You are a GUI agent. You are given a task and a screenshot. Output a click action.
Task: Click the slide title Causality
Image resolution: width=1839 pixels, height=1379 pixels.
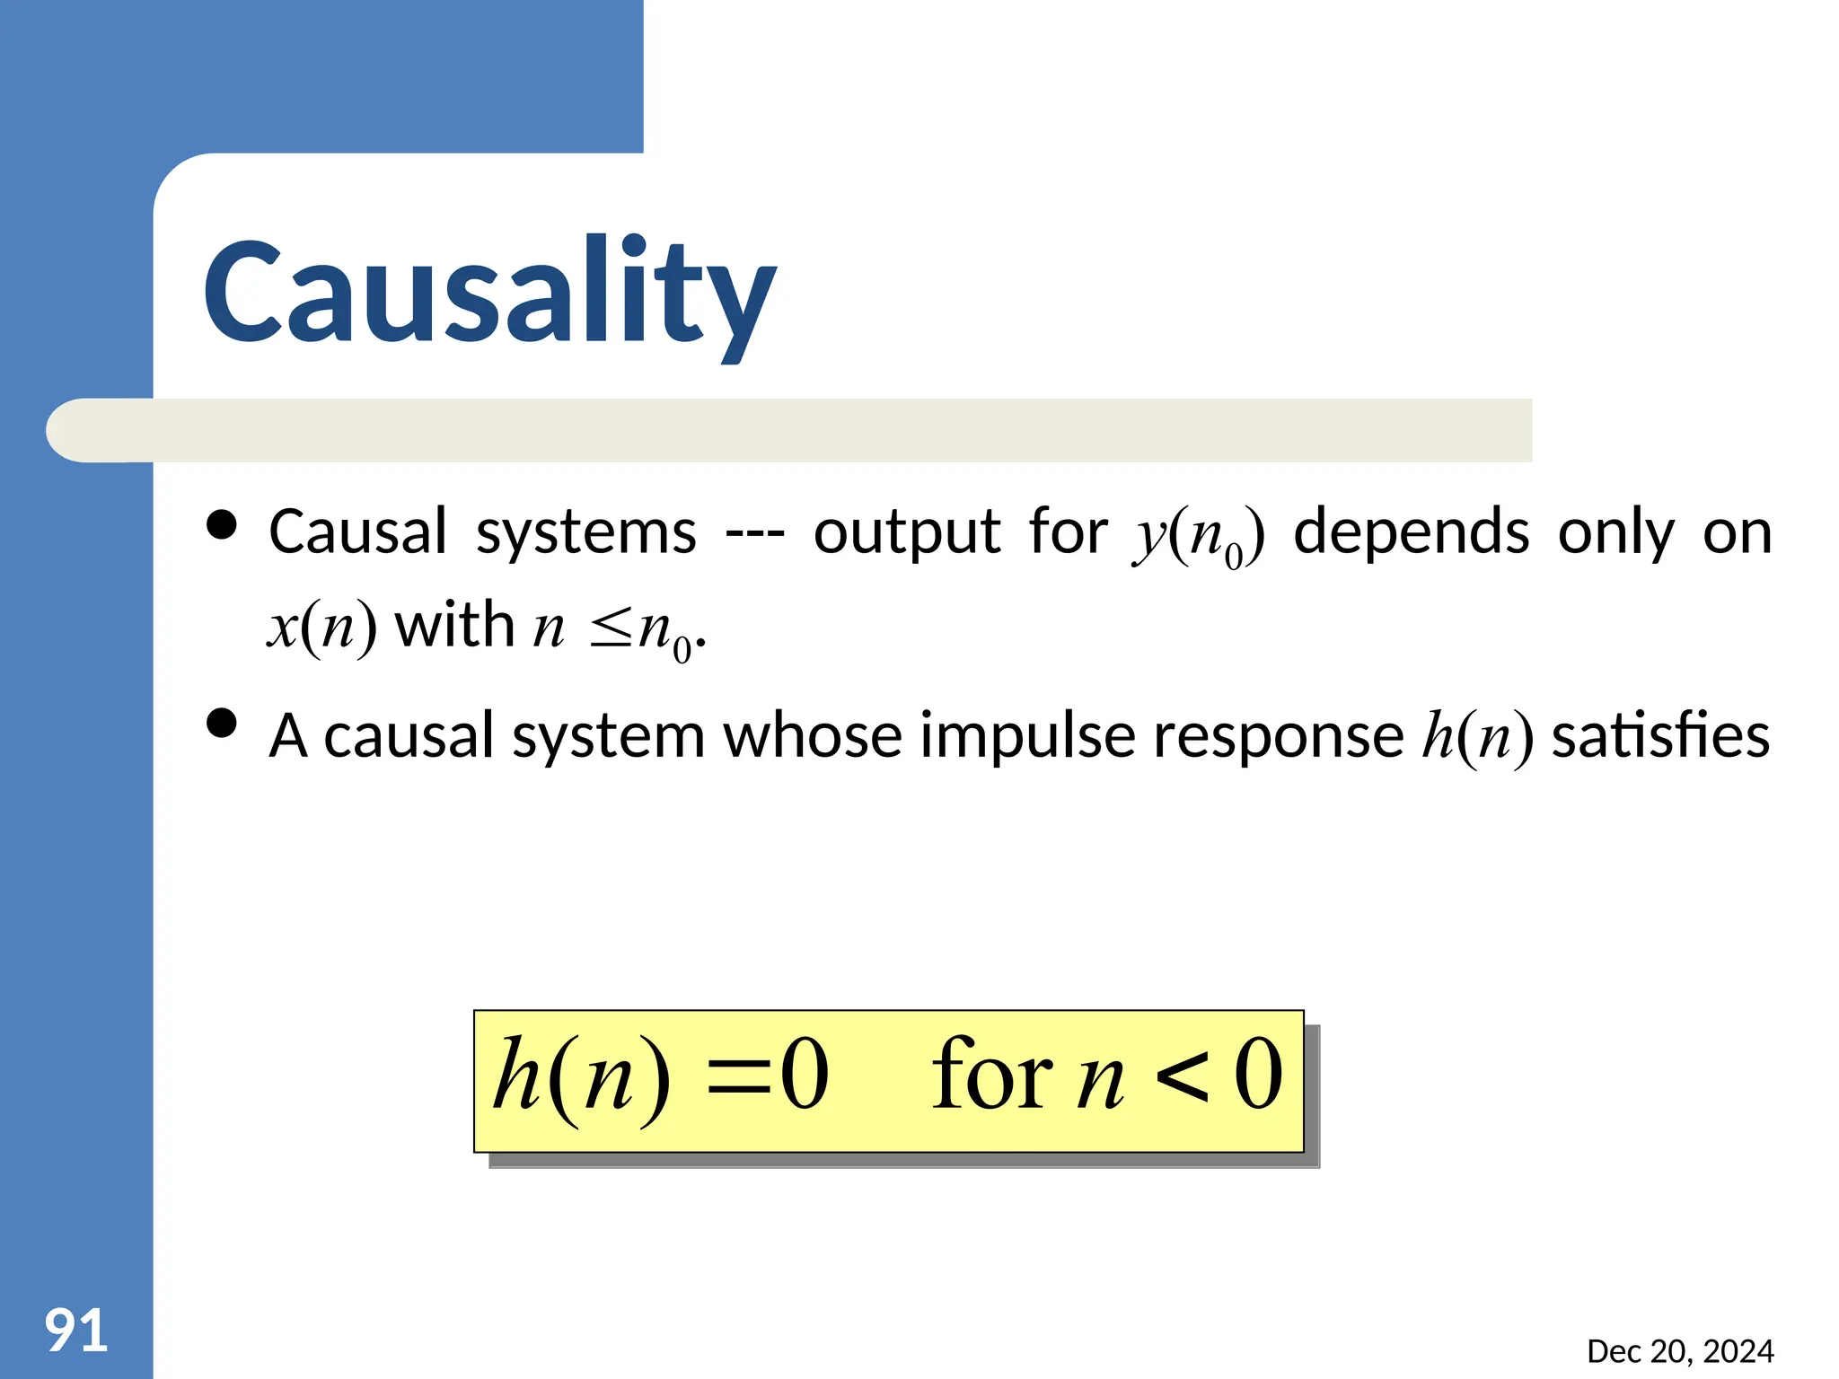(489, 292)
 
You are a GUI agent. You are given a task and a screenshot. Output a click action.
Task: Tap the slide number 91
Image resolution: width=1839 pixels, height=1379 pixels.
(76, 1331)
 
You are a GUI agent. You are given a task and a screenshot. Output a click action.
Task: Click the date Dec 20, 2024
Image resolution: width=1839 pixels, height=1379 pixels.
(1680, 1351)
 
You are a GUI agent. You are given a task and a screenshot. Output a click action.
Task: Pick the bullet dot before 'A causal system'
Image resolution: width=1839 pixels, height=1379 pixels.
(221, 723)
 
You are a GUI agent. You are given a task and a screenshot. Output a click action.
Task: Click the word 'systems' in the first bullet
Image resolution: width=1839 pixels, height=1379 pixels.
(585, 532)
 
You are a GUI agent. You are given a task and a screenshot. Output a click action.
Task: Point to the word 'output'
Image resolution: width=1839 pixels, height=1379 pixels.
(907, 532)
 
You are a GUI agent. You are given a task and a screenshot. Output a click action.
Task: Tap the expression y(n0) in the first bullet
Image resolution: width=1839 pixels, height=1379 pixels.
(1199, 535)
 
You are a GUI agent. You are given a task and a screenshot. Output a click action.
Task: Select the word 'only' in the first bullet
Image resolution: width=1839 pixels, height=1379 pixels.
(1616, 532)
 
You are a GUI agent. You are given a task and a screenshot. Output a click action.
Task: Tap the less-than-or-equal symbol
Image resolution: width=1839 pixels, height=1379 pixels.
(612, 628)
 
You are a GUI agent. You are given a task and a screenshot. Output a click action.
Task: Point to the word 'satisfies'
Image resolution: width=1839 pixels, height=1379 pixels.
(1660, 735)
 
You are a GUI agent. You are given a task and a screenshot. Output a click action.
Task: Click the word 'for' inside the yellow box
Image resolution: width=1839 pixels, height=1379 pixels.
(991, 1075)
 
